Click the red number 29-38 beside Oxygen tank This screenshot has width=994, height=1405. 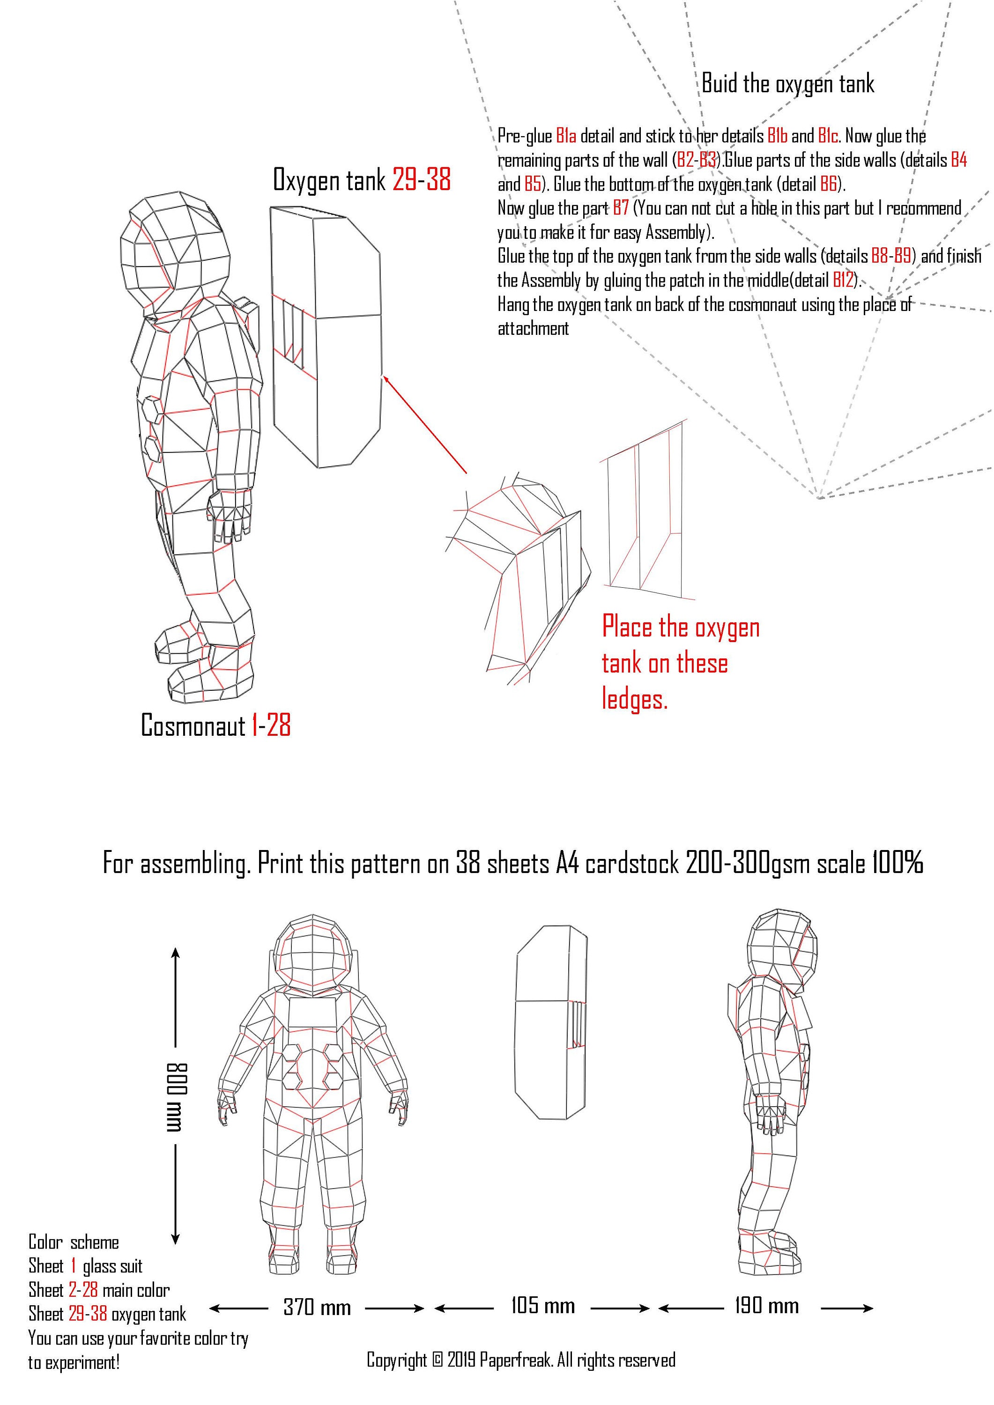(421, 180)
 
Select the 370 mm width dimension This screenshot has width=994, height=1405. (317, 1308)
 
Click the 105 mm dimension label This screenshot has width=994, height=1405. (543, 1307)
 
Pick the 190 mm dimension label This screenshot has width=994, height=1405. (766, 1307)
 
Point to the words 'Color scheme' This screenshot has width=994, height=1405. (74, 1242)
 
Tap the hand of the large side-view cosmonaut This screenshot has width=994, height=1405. (230, 514)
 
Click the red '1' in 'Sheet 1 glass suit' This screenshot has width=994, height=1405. (74, 1266)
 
